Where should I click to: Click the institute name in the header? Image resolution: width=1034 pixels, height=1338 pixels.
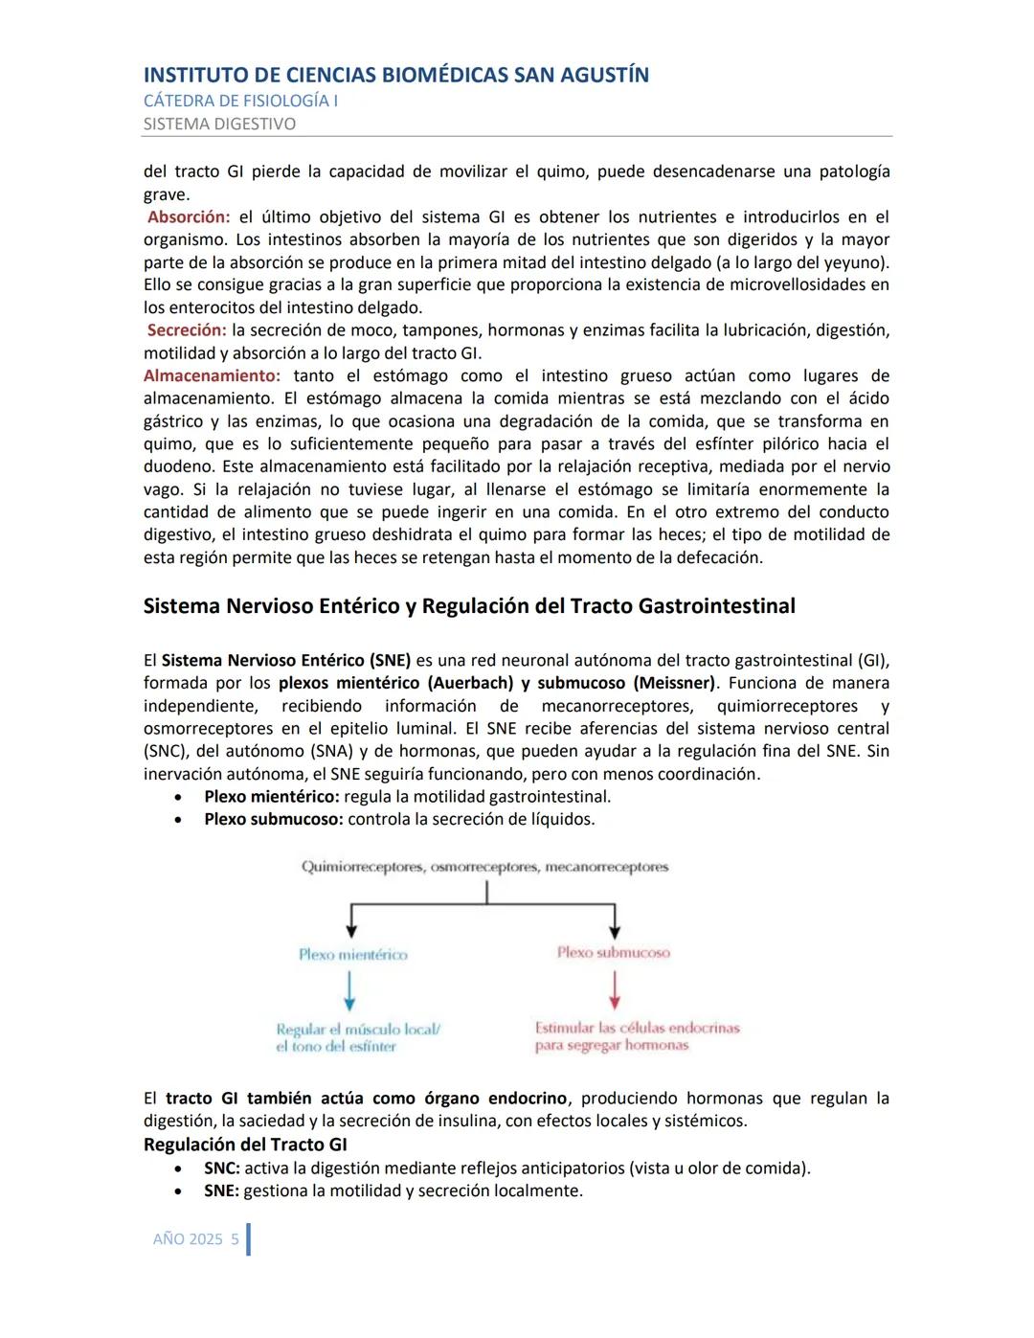(x=395, y=75)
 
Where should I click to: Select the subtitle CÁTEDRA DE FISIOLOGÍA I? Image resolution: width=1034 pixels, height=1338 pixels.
(x=240, y=101)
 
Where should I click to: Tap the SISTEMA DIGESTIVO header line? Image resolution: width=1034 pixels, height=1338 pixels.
(x=219, y=124)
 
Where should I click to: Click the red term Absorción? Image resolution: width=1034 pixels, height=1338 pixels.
(x=189, y=217)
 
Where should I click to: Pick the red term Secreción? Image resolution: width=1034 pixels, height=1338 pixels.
(x=187, y=330)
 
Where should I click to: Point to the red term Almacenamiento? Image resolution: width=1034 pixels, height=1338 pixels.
(x=212, y=375)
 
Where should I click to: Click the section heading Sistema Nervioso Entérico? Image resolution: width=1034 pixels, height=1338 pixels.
(x=469, y=606)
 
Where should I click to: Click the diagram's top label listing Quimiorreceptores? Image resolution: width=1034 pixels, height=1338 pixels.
(x=484, y=867)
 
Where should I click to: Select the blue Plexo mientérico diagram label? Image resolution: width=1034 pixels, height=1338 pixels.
(x=352, y=955)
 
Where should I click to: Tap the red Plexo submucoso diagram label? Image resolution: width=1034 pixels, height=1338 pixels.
(x=613, y=953)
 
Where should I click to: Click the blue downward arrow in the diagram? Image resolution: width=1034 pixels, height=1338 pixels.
(x=349, y=990)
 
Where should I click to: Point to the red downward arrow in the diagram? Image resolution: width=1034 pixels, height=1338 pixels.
(x=614, y=990)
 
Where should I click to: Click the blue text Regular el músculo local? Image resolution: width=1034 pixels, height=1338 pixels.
(x=357, y=1030)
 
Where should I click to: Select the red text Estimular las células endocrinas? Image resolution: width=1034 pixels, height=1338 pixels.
(x=637, y=1028)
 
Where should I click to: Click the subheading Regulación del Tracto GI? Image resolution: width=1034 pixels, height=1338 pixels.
(x=245, y=1145)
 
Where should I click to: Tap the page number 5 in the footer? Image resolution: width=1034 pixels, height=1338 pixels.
(x=235, y=1239)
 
